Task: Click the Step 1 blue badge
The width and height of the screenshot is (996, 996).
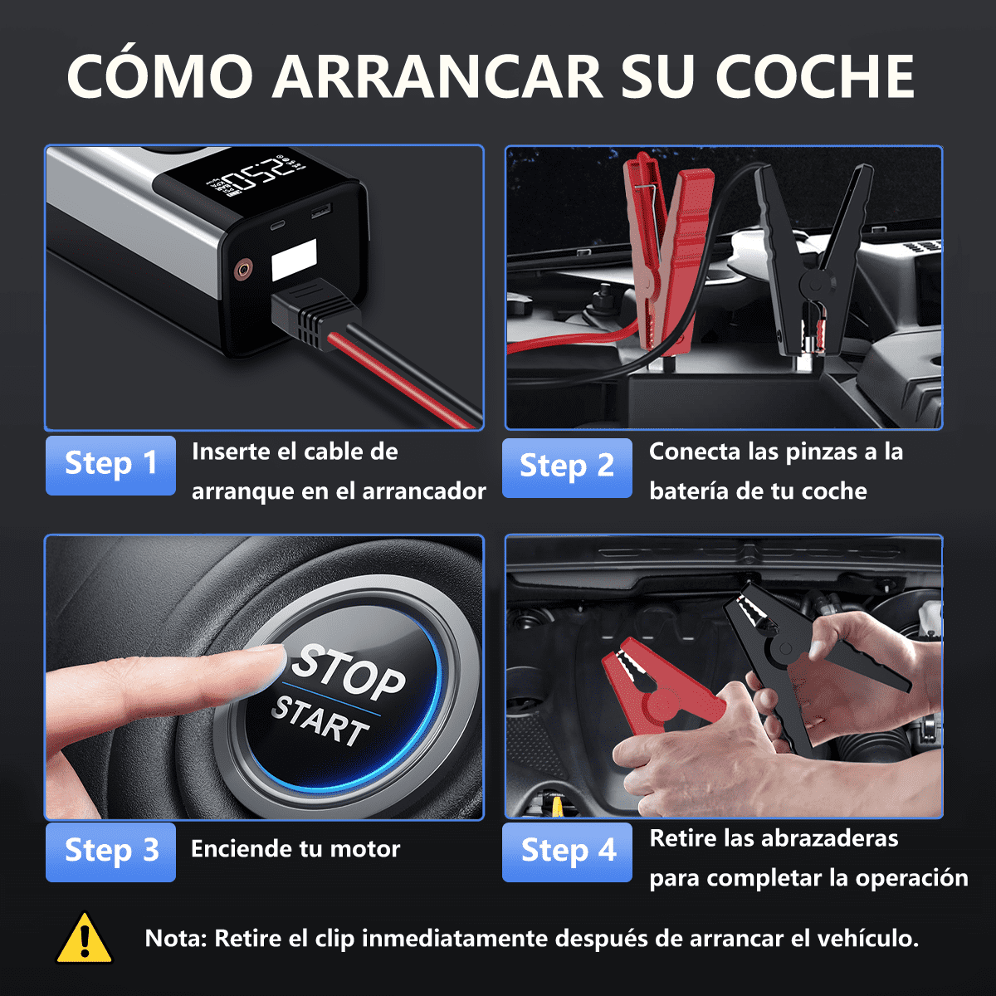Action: pyautogui.click(x=110, y=465)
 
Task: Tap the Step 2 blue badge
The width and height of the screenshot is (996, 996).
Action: pyautogui.click(x=567, y=468)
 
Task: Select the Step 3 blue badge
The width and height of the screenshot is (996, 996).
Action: pyautogui.click(x=110, y=852)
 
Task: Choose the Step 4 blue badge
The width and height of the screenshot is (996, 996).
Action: pyautogui.click(x=567, y=852)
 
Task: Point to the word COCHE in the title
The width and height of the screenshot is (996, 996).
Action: pyautogui.click(x=815, y=76)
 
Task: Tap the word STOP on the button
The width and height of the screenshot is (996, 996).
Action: pyautogui.click(x=348, y=672)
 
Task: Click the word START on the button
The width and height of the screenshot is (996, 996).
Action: pyautogui.click(x=320, y=722)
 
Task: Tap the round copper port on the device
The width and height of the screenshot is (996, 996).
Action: pyautogui.click(x=242, y=269)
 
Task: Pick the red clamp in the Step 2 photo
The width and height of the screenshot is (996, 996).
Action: pyautogui.click(x=666, y=248)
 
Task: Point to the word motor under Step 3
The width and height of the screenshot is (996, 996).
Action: pyautogui.click(x=365, y=849)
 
